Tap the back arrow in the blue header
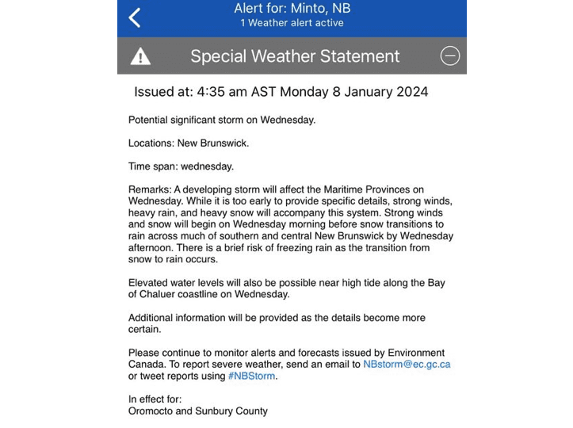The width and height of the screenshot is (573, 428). tap(135, 17)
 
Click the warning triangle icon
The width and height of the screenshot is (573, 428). tap(140, 56)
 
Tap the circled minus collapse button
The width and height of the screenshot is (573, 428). tap(449, 56)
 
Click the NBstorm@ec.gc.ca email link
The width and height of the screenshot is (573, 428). tap(407, 365)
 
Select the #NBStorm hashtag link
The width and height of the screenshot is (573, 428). tap(252, 376)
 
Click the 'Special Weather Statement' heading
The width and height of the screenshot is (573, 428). tap(295, 56)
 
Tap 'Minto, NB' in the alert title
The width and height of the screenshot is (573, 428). tap(320, 9)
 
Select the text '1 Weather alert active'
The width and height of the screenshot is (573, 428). tap(292, 23)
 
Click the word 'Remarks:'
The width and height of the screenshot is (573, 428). tap(149, 189)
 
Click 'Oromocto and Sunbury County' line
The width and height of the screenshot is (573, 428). tap(197, 411)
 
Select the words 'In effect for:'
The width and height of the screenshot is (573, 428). tap(155, 399)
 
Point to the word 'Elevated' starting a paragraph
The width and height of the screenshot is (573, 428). tap(149, 283)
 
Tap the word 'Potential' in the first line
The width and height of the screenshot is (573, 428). tap(151, 120)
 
